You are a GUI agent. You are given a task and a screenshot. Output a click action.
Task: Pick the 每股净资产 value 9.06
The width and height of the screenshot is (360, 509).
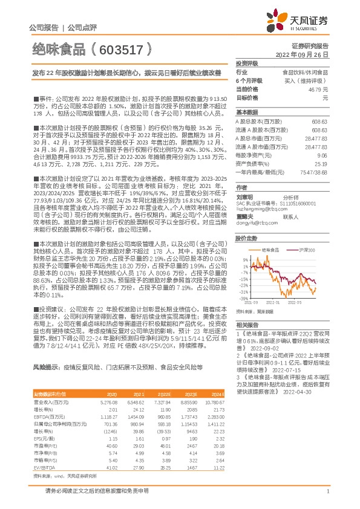coord(322,155)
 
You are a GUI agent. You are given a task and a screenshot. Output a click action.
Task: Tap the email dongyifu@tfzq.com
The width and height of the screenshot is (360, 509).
coord(254,222)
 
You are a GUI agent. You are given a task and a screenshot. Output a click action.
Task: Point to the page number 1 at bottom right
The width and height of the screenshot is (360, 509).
coord(327,491)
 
